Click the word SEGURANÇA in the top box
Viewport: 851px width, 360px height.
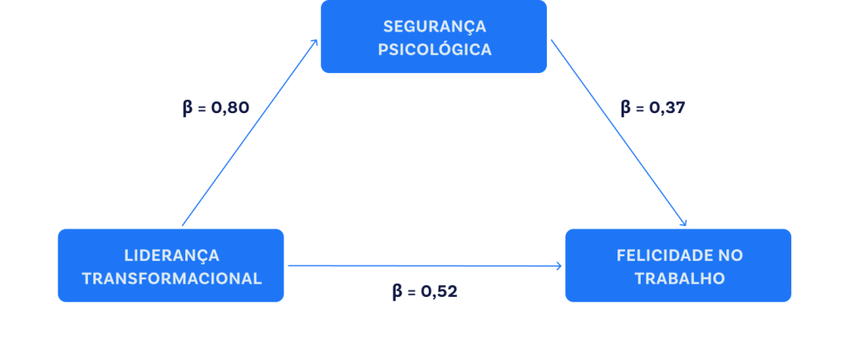(434, 26)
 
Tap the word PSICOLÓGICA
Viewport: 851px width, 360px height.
(434, 49)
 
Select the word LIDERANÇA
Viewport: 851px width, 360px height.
(171, 254)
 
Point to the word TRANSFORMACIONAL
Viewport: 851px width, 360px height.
(171, 278)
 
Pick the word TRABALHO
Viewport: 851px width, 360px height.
(678, 278)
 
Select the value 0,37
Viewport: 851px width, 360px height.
(666, 108)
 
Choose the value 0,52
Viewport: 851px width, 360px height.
(438, 292)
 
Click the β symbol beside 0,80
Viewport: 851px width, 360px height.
(187, 108)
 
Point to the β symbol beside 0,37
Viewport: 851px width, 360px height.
(626, 108)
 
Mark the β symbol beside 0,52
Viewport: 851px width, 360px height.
(397, 292)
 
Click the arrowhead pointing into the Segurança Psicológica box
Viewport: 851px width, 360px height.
(315, 41)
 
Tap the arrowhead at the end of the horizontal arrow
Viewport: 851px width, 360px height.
(559, 267)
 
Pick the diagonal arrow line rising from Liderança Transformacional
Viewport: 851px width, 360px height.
(249, 133)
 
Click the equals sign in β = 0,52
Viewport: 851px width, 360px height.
(411, 292)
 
